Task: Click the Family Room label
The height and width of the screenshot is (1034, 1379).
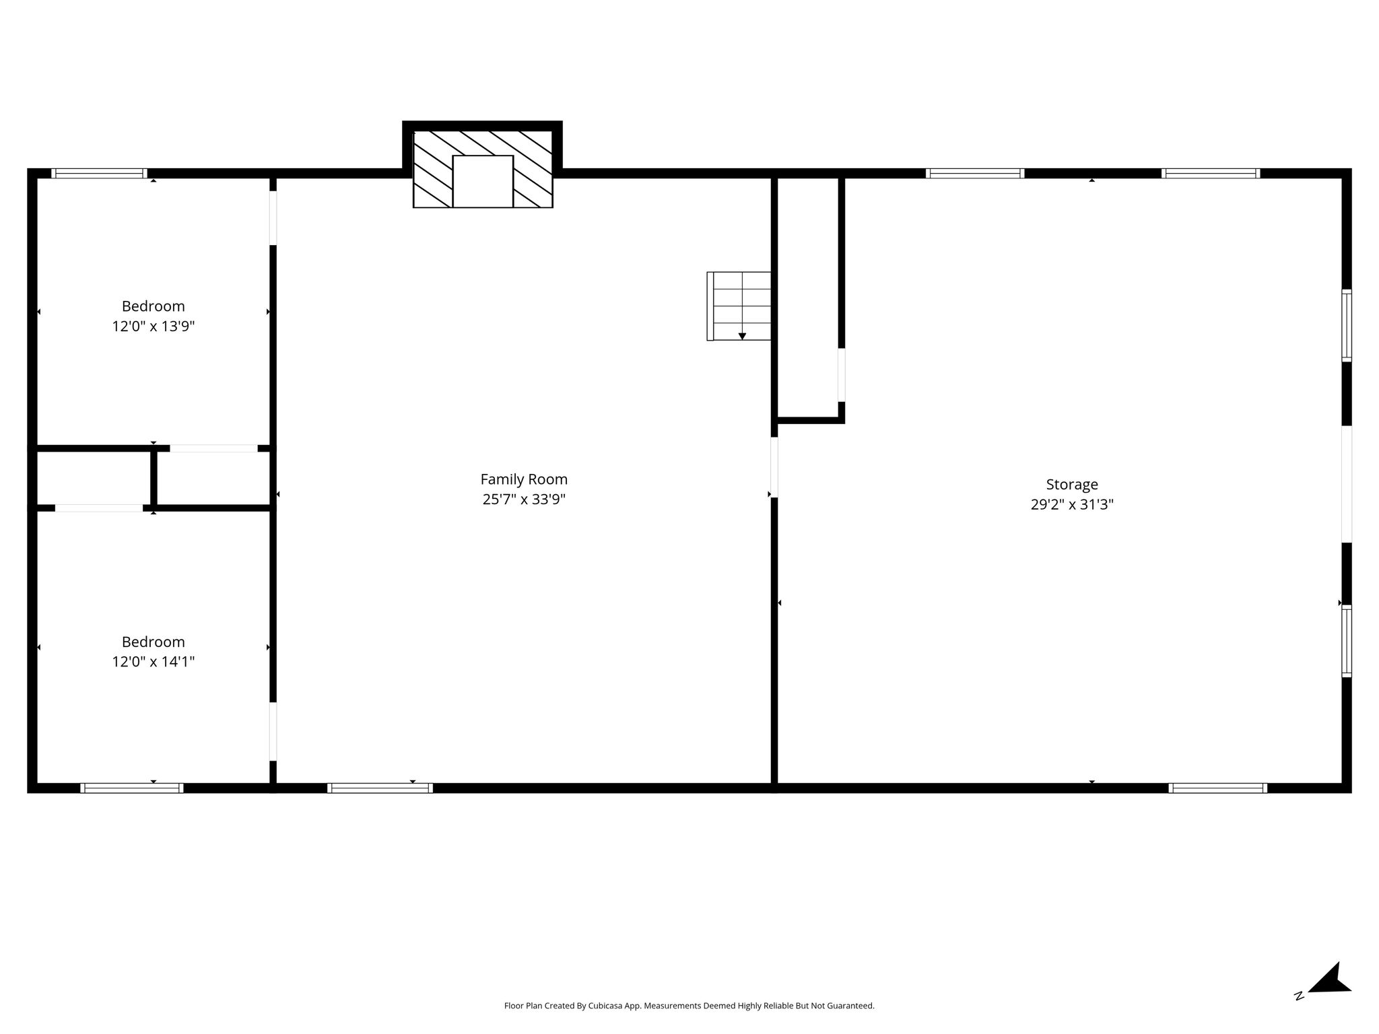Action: (524, 479)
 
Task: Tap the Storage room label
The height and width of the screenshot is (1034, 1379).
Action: (1072, 485)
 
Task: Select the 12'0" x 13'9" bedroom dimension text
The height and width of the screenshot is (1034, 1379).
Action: (154, 326)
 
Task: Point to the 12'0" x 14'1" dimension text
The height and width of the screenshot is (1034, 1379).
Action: (154, 662)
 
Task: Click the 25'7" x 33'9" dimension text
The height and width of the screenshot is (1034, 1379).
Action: (524, 499)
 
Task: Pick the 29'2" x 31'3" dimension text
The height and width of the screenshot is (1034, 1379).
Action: (1072, 505)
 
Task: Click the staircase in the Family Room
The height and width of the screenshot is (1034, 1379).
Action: (739, 306)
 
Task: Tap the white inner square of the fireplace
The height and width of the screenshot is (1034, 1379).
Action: (483, 182)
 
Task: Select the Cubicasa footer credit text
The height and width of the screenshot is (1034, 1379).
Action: (689, 1006)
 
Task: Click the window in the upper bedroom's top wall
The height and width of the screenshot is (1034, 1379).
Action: (99, 173)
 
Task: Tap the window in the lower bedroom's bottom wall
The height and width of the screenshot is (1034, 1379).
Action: (132, 788)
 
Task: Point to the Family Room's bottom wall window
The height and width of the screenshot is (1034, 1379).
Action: (380, 788)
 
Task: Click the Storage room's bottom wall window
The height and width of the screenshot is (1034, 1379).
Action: (1217, 788)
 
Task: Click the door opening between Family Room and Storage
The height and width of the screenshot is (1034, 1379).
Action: (774, 467)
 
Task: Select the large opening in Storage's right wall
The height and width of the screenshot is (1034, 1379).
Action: (1346, 484)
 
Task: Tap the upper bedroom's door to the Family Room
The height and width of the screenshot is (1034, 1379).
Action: (273, 218)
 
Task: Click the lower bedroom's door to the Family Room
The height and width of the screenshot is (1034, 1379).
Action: (273, 732)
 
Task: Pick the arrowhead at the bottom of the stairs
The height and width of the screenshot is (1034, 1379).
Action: (742, 337)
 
